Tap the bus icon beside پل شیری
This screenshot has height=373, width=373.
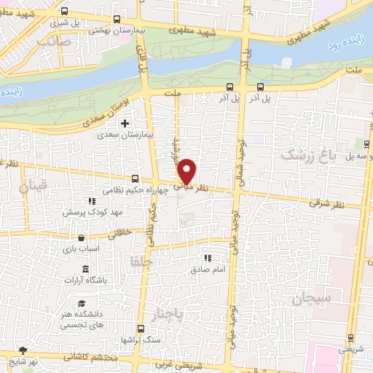(65, 12)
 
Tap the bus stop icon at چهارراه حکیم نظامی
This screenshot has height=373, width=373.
(135, 178)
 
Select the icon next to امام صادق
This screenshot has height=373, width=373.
(207, 257)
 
